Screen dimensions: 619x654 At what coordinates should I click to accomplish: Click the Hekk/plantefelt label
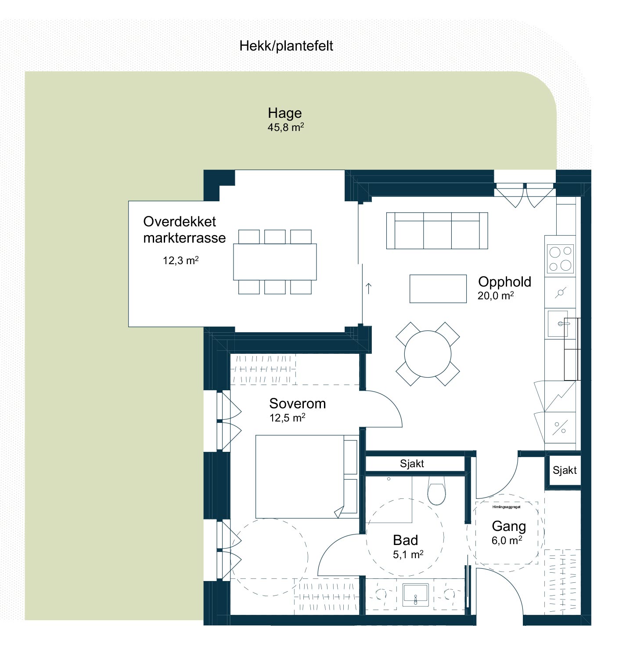point(286,46)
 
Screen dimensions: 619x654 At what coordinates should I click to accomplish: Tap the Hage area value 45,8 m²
point(286,127)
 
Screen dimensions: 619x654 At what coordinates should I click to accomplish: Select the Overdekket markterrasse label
point(184,229)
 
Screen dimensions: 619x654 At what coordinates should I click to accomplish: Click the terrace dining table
point(275,262)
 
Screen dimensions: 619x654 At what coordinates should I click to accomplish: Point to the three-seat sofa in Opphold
point(437,231)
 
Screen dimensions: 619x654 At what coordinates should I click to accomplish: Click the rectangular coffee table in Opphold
point(438,289)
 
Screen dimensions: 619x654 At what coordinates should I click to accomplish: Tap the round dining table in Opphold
point(428,354)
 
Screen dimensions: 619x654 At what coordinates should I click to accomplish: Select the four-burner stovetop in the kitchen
point(560,259)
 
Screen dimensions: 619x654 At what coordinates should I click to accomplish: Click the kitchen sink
point(558,323)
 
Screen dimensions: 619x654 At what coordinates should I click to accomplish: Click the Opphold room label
point(504,282)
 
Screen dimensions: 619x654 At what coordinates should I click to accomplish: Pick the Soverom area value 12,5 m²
point(288,418)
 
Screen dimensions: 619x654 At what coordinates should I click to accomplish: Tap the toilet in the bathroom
point(436,490)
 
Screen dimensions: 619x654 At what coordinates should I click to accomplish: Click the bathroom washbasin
point(415,595)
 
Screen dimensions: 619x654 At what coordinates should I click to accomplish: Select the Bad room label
point(405,540)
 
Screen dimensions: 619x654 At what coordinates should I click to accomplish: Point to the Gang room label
point(509,526)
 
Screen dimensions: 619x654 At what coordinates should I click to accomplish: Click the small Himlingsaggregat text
point(506,507)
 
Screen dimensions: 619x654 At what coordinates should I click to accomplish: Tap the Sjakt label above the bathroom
point(412,464)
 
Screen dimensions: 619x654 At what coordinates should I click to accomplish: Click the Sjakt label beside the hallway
point(565,470)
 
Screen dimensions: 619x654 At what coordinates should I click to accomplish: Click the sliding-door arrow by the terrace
point(368,288)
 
